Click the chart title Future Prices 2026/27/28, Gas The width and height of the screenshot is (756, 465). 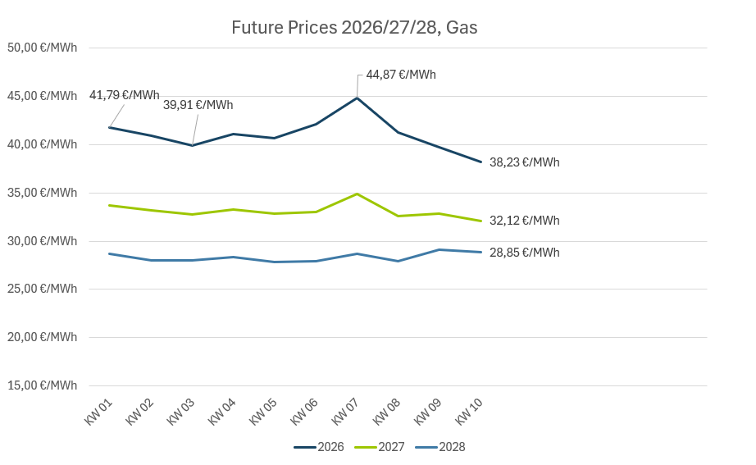pos(354,28)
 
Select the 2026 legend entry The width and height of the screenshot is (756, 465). pos(320,447)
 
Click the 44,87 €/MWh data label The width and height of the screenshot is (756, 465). pos(401,75)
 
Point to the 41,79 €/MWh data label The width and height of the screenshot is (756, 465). pos(125,95)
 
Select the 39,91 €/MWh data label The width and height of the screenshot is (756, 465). pos(198,105)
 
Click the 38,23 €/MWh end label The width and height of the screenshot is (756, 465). pos(524,162)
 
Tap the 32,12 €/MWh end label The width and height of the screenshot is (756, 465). pos(524,221)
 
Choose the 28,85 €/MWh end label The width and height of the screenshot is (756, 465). pos(524,253)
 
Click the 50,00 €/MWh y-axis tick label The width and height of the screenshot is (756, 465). pos(42,48)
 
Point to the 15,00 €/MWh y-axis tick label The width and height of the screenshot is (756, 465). pos(42,385)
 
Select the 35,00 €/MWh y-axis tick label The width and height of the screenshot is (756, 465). pos(42,193)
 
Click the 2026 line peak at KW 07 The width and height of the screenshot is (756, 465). pos(357,98)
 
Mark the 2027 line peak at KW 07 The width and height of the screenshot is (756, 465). pos(357,194)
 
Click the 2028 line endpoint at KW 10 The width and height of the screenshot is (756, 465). pos(480,252)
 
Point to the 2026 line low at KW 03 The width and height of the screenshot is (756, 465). pos(192,145)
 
